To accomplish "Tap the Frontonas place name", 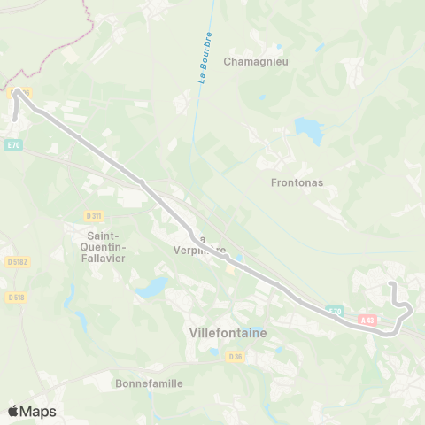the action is [x=297, y=183].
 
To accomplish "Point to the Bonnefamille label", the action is [x=149, y=383].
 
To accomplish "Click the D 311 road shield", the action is [x=94, y=215].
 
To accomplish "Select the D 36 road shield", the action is [x=235, y=356].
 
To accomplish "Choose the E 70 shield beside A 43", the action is [x=334, y=311].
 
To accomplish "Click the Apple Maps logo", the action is [x=32, y=411].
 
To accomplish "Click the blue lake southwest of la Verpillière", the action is [x=151, y=287].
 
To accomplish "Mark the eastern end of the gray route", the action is [x=391, y=283].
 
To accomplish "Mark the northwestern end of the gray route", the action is [x=15, y=116].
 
